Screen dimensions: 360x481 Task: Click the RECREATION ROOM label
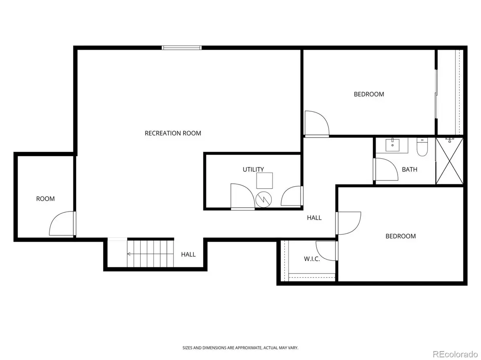pos(173,133)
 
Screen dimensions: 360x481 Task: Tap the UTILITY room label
pos(253,169)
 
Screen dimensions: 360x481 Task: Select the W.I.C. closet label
pos(311,259)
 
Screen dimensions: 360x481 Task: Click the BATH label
pos(409,169)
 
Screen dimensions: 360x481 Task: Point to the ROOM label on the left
pos(45,199)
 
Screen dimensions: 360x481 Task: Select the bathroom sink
pos(391,145)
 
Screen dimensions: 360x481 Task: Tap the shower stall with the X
pos(450,161)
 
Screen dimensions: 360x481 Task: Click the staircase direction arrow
pos(130,253)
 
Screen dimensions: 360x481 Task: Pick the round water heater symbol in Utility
pos(263,199)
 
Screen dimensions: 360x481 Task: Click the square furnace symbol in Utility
pos(265,181)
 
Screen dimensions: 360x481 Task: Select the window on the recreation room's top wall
pos(182,48)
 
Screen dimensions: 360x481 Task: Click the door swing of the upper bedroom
pos(316,123)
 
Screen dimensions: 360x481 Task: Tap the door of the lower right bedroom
pos(349,223)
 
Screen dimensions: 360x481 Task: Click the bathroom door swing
pos(384,169)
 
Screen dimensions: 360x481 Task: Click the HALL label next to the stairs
pos(188,254)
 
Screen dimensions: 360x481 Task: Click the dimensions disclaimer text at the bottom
pos(240,348)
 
